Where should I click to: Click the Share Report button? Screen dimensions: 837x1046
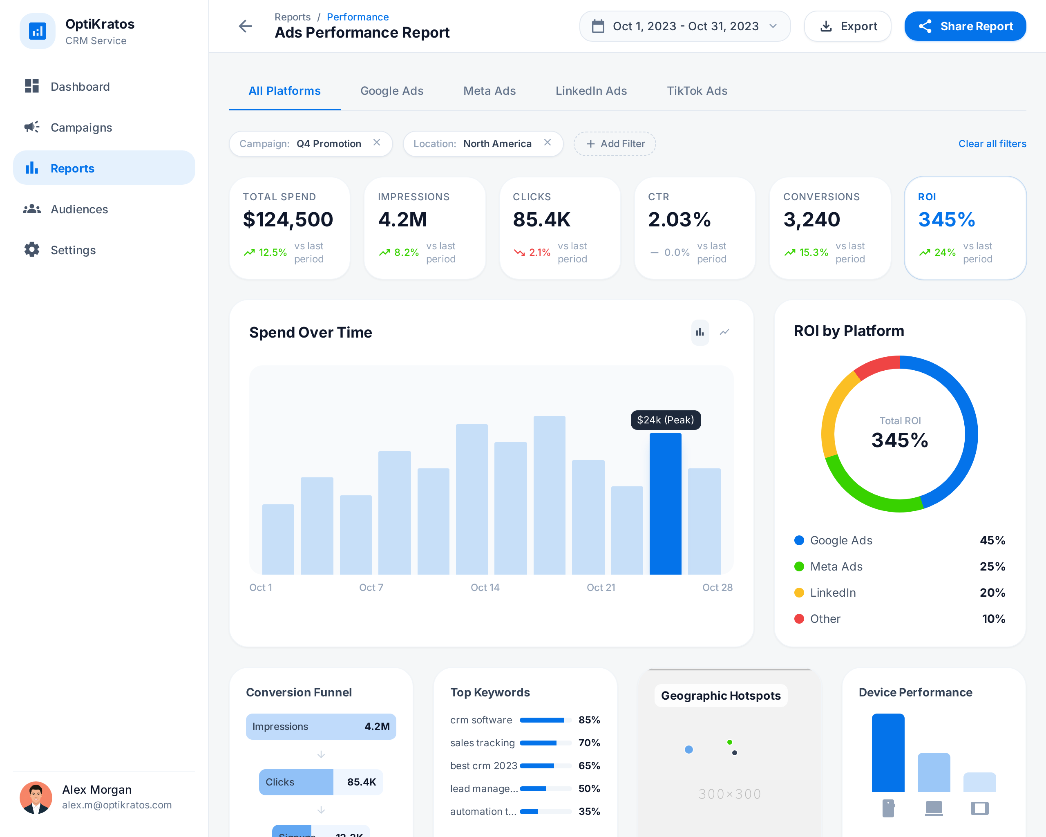tap(965, 26)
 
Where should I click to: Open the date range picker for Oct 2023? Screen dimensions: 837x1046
tap(684, 26)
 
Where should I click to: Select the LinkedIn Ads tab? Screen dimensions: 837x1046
tap(590, 91)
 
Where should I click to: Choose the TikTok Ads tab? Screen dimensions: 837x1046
tap(697, 91)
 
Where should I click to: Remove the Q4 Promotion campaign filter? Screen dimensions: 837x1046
tap(376, 143)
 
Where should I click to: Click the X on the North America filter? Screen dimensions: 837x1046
tap(547, 143)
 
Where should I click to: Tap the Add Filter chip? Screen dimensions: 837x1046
tap(615, 143)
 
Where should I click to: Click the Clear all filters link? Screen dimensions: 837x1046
tap(992, 143)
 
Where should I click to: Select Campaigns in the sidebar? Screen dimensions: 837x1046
tap(81, 128)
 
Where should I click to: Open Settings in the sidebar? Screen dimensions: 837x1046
tap(73, 250)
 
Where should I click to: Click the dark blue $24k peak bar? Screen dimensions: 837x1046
tap(665, 505)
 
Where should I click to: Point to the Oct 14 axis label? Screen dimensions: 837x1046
tap(485, 587)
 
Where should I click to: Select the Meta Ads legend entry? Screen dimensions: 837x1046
tap(836, 566)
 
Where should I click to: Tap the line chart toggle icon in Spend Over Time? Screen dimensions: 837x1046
tap(724, 332)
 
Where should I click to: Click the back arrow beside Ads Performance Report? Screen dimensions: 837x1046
tap(246, 26)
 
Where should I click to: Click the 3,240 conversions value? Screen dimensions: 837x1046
tap(811, 219)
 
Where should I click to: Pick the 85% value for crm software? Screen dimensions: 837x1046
tap(589, 720)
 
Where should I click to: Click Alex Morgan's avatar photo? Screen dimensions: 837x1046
tap(36, 797)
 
